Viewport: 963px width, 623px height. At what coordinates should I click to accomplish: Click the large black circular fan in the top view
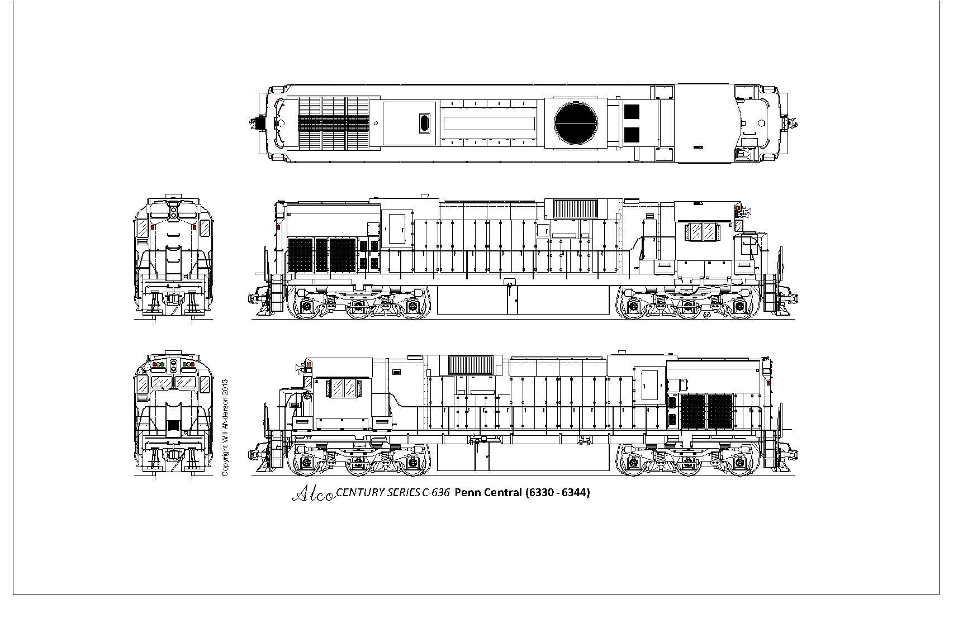click(576, 123)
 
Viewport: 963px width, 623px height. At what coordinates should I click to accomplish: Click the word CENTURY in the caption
click(360, 493)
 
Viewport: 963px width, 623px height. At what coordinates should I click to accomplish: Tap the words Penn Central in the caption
click(488, 492)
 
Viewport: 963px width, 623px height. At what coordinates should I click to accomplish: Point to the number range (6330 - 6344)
click(557, 492)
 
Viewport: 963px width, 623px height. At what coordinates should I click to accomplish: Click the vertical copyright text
click(225, 428)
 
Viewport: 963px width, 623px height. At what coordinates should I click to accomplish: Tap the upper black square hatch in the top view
click(632, 112)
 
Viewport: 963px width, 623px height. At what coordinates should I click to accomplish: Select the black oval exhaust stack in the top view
click(425, 123)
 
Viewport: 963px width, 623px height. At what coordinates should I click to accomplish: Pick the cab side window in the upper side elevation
click(703, 232)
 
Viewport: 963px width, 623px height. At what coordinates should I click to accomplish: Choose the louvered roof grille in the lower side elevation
click(471, 365)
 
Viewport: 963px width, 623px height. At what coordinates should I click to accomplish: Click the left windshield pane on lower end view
click(162, 382)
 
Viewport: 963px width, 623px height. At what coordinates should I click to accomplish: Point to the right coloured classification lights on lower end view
click(188, 364)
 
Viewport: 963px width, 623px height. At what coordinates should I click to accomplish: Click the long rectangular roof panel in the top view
click(488, 123)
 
